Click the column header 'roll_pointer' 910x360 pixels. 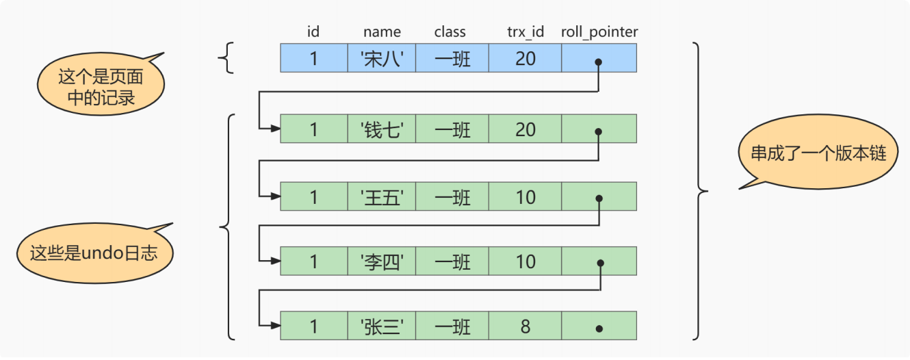click(x=599, y=32)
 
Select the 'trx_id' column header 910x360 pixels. click(x=525, y=32)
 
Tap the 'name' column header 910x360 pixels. click(x=382, y=32)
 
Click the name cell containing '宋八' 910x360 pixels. click(x=382, y=59)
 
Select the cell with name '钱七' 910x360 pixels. click(x=382, y=129)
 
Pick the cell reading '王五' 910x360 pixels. click(x=382, y=197)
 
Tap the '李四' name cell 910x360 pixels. click(x=382, y=261)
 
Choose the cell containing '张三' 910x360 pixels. click(x=382, y=326)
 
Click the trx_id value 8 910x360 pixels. click(x=525, y=326)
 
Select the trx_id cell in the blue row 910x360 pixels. click(x=525, y=59)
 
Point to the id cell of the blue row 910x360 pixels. click(x=313, y=59)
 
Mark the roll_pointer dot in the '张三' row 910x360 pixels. click(x=599, y=328)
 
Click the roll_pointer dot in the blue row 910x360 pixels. click(x=599, y=62)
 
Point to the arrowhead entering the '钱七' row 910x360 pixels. click(x=275, y=128)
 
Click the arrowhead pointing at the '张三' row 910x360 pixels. click(x=275, y=326)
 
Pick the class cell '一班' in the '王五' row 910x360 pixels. click(x=452, y=197)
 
